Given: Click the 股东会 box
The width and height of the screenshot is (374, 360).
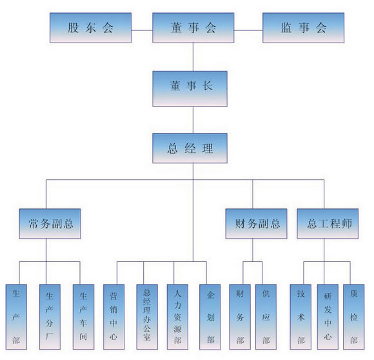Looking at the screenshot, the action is pyautogui.click(x=90, y=28).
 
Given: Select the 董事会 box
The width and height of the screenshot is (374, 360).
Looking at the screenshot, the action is pyautogui.click(x=193, y=28).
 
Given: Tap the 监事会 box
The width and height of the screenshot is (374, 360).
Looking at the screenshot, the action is pyautogui.click(x=304, y=28).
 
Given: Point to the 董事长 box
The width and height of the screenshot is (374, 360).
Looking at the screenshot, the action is pyautogui.click(x=190, y=89).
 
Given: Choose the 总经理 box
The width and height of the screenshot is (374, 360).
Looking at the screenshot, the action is pyautogui.click(x=190, y=148).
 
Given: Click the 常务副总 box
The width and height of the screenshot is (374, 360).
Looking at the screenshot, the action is pyautogui.click(x=50, y=224).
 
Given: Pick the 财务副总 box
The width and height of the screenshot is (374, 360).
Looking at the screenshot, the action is pyautogui.click(x=256, y=224).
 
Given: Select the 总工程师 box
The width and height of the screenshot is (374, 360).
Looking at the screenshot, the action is pyautogui.click(x=328, y=224).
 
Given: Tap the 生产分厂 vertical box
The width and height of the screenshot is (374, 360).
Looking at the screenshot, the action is pyautogui.click(x=50, y=317).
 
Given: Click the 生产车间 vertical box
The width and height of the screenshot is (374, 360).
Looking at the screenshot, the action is pyautogui.click(x=83, y=317).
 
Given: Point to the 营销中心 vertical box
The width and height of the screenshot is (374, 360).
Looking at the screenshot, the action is pyautogui.click(x=113, y=317).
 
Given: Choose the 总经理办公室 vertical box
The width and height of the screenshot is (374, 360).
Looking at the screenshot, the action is pyautogui.click(x=147, y=317).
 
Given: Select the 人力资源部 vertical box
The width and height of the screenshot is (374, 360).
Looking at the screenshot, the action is pyautogui.click(x=177, y=317).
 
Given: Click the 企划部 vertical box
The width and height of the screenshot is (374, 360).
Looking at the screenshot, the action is pyautogui.click(x=210, y=317).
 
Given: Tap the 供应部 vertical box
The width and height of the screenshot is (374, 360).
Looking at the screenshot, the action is pyautogui.click(x=266, y=317).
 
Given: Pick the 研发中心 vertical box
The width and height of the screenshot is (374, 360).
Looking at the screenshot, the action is pyautogui.click(x=328, y=317).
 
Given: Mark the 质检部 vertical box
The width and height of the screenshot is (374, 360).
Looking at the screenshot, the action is pyautogui.click(x=354, y=317).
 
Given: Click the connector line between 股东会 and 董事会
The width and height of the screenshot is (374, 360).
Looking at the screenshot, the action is pyautogui.click(x=142, y=30).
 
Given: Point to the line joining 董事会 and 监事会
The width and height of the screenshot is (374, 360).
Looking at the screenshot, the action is pyautogui.click(x=248, y=30).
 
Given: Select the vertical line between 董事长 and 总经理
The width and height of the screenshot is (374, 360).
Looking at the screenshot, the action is pyautogui.click(x=193, y=120).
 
